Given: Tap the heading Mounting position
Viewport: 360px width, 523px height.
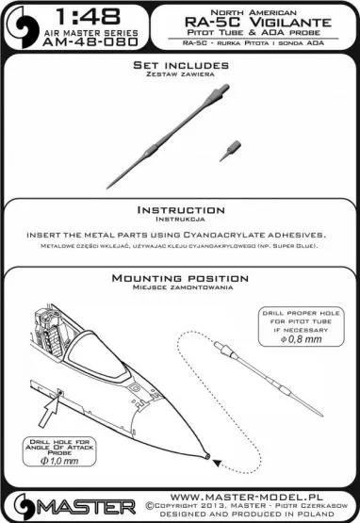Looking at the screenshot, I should pos(179,279).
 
